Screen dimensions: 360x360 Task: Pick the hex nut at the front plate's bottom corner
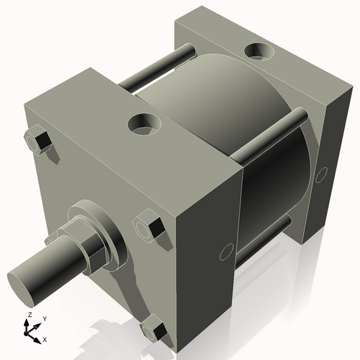click(153, 330)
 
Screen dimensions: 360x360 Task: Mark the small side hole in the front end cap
click(225, 251)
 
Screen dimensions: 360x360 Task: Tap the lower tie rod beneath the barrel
click(263, 238)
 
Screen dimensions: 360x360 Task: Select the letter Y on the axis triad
click(44, 318)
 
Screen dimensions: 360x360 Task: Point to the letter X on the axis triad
click(45, 338)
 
